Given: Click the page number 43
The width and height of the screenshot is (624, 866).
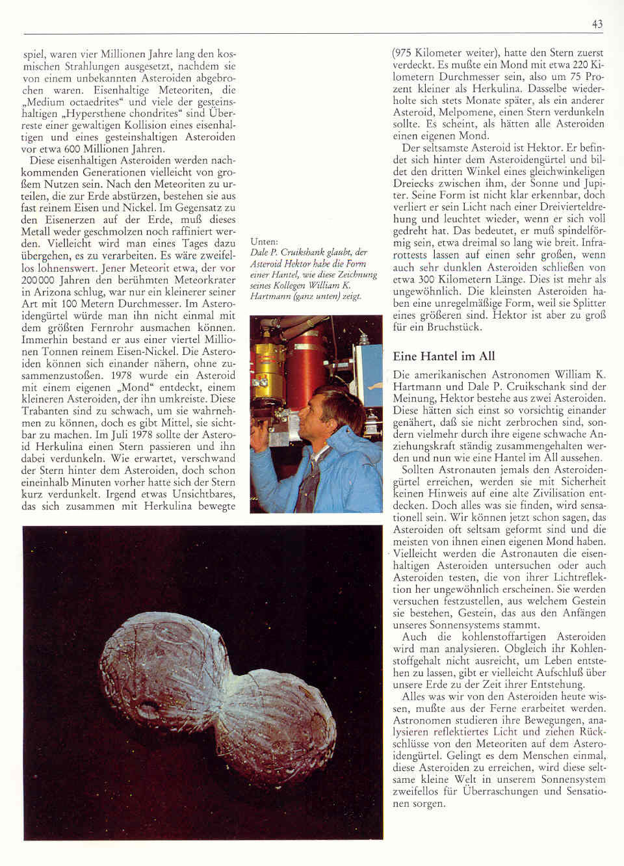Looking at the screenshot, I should [597, 24].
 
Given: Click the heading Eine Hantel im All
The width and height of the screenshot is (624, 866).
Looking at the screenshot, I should [443, 356].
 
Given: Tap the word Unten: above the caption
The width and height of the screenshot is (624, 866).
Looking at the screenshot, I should [264, 241].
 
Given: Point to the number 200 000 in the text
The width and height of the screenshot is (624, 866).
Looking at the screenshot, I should [40, 281].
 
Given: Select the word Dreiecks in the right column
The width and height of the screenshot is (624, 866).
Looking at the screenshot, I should [414, 183].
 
